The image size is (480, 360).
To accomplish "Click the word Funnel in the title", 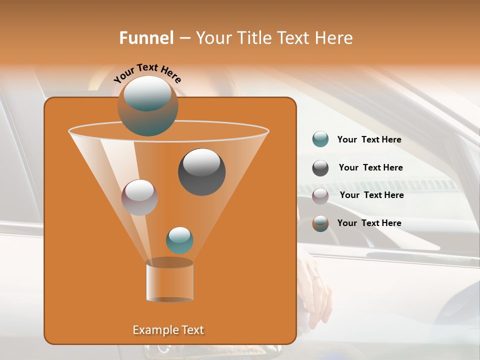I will pos(146,38).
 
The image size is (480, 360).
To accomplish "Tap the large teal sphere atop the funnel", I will pos(147,105).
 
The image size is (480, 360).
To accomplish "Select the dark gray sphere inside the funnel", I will pos(201,171).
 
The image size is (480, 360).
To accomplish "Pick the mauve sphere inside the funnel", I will pos(139,197).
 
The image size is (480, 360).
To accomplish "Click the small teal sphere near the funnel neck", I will pos(179,240).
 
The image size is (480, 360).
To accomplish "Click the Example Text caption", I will pos(168,330).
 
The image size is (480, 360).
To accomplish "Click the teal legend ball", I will pos(320,139).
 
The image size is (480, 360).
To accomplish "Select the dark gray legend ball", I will pos(320,168).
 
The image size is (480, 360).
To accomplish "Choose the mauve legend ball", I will pos(320,196).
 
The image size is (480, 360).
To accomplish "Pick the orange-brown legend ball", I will pos(320,223).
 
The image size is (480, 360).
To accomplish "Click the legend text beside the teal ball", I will pos(369,139).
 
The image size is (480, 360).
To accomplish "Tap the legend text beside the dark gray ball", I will pos(370,167).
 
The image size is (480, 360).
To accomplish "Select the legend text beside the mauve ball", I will pos(371,195).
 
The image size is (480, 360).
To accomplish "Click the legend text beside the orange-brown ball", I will pos(369,223).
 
